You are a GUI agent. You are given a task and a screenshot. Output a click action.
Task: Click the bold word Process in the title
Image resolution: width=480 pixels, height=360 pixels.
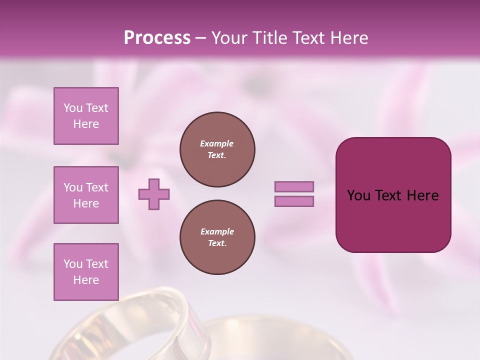pos(157,38)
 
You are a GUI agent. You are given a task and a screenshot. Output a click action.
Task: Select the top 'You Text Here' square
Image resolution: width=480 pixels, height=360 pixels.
pos(86,116)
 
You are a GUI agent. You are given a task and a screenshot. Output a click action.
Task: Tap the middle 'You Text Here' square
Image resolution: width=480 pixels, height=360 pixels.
pos(86,195)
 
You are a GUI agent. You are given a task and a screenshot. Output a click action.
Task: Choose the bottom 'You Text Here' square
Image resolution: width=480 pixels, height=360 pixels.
pos(86,272)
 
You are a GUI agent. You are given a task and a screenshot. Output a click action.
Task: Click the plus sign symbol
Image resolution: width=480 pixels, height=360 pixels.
pos(154,194)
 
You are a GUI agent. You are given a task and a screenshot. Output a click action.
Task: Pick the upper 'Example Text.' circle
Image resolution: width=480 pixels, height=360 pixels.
pos(217,149)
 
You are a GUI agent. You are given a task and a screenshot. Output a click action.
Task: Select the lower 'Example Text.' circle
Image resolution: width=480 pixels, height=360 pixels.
pos(217,237)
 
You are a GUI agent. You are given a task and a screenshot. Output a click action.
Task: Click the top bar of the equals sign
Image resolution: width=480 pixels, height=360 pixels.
pos(294,186)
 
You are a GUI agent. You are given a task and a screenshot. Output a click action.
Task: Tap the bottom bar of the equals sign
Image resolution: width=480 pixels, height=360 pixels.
pos(294,201)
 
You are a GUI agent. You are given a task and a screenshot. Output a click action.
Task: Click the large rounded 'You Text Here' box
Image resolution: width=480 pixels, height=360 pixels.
pos(393,195)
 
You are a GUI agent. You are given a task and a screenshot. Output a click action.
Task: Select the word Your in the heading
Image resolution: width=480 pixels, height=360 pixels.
pos(229,38)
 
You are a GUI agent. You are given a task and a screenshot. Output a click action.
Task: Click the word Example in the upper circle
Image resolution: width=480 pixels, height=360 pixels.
pos(217,143)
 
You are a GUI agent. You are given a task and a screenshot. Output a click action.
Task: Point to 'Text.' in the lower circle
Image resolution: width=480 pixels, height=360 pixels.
pos(217,243)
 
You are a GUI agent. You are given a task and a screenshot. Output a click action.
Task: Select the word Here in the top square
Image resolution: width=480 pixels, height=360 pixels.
pos(86,124)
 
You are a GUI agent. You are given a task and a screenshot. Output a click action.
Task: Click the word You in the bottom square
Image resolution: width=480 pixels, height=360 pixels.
pos(73,264)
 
